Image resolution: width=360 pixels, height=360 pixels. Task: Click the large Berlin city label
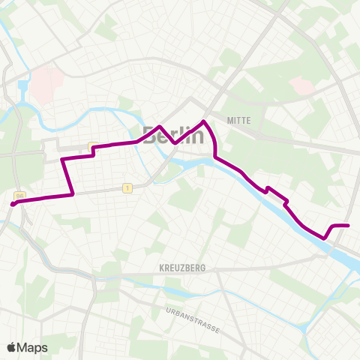click(x=172, y=136)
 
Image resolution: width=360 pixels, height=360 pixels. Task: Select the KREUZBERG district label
click(x=182, y=267)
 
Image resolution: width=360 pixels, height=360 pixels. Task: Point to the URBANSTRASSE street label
click(x=193, y=310)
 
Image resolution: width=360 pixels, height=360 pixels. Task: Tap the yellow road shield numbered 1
click(x=128, y=188)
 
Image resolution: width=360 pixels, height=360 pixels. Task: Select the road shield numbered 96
click(x=20, y=196)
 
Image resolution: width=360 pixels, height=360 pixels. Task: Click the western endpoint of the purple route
click(x=13, y=202)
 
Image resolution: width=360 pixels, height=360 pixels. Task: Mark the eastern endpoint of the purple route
click(x=349, y=225)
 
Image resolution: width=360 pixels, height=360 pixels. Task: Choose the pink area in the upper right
click(x=302, y=86)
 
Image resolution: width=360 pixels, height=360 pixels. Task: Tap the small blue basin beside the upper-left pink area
click(x=22, y=87)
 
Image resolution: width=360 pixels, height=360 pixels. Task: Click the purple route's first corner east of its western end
click(x=73, y=194)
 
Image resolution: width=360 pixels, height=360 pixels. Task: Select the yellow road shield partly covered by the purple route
click(x=91, y=145)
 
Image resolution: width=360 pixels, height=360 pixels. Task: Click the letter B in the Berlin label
click(x=150, y=136)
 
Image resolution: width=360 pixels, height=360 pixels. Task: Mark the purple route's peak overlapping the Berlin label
click(x=160, y=136)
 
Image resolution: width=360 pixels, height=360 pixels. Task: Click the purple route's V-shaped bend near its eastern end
click(x=326, y=238)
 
